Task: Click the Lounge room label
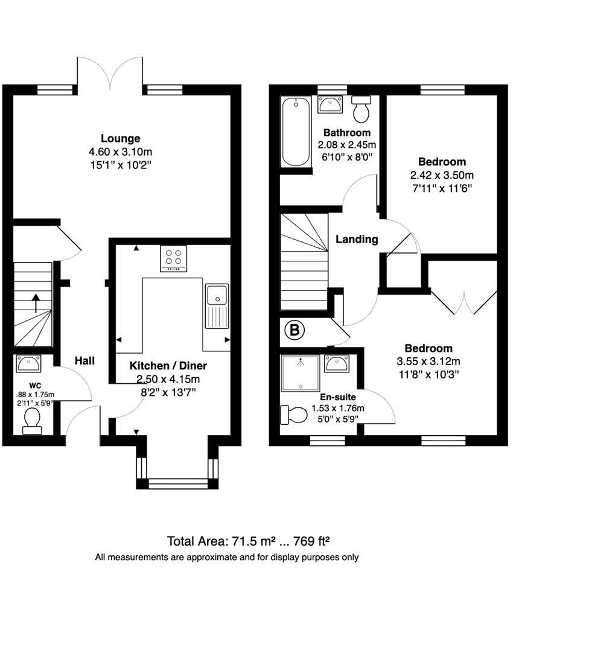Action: click(x=120, y=138)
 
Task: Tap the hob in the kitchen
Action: click(x=173, y=258)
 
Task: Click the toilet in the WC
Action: click(x=31, y=419)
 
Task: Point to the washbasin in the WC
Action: click(x=28, y=364)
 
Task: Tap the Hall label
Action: click(x=84, y=361)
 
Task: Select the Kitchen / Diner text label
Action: click(x=168, y=366)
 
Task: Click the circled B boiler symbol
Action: click(x=294, y=330)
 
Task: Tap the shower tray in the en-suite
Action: click(x=301, y=372)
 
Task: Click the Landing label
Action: click(x=357, y=240)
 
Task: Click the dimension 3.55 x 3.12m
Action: click(x=428, y=362)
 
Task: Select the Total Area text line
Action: click(x=256, y=540)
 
